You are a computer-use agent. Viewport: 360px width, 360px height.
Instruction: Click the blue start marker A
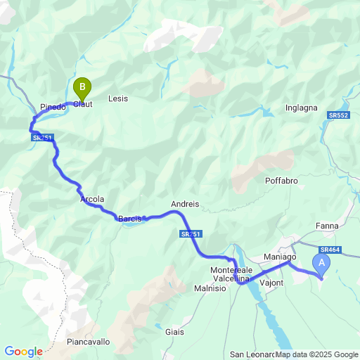point(322,265)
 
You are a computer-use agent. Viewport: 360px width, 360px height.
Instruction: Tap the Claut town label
point(82,104)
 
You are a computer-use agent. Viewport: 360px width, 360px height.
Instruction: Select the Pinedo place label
point(53,107)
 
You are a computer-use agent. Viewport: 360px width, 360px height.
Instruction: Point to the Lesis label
point(118,99)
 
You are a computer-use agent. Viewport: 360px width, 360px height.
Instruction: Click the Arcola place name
point(93,200)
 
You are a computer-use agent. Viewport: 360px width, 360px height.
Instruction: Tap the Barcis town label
point(129,219)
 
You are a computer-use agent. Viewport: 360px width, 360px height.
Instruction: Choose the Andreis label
point(185,205)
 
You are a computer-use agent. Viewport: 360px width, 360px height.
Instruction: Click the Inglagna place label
point(302,108)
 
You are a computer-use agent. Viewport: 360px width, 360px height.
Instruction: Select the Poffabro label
point(282,181)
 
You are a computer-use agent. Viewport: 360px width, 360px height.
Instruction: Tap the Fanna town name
point(327,226)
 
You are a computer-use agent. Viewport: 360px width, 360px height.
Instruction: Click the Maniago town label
point(279,257)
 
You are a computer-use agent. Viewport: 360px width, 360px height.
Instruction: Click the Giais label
point(174,331)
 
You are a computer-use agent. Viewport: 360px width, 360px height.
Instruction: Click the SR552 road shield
point(337,115)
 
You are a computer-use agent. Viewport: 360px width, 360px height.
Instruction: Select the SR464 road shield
point(329,250)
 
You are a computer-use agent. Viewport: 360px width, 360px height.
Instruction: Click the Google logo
point(23,351)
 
